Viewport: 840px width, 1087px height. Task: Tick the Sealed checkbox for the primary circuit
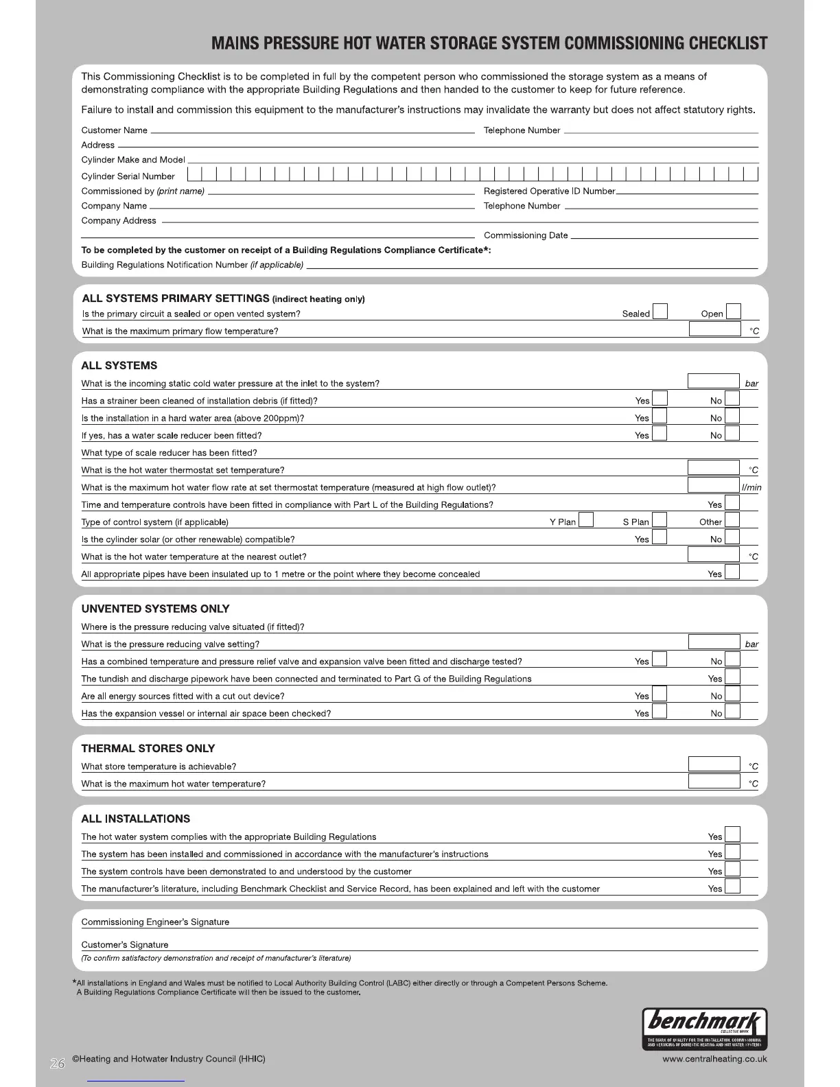point(660,312)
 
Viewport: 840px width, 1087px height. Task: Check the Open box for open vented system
point(733,312)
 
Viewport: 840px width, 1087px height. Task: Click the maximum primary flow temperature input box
point(714,329)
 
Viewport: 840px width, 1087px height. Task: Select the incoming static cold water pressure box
point(713,382)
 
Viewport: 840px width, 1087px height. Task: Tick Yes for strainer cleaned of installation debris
point(660,399)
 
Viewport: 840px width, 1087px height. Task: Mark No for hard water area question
point(732,417)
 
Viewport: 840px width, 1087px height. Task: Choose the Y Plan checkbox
point(586,521)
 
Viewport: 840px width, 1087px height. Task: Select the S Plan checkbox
point(660,521)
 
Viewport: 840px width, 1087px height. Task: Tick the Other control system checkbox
point(732,521)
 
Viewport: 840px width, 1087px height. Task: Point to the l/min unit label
point(751,487)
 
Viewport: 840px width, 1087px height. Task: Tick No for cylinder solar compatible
point(732,538)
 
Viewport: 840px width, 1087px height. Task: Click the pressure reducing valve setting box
point(714,642)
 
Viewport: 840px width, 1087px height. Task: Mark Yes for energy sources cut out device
point(660,694)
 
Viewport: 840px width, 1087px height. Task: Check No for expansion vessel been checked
point(732,712)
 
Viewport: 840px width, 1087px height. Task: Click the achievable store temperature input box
point(714,764)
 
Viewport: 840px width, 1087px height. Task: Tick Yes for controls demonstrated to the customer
point(732,869)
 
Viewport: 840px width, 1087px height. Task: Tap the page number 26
point(57,1064)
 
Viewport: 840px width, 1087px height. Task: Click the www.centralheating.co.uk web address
point(714,1059)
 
